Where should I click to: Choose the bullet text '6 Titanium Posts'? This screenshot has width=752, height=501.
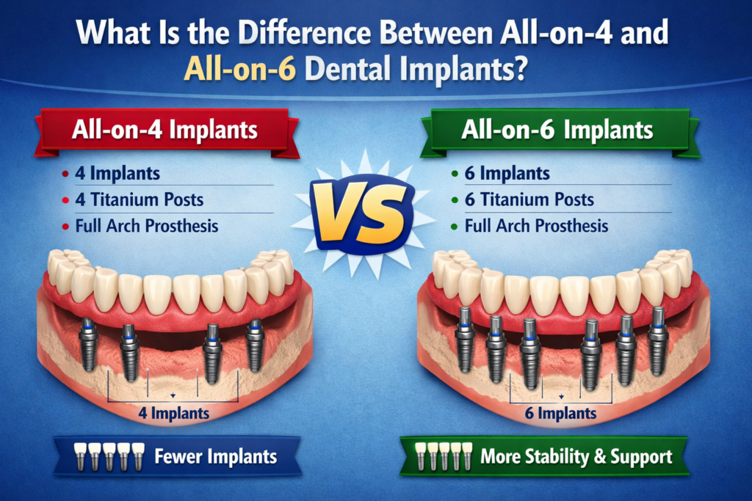pyautogui.click(x=529, y=200)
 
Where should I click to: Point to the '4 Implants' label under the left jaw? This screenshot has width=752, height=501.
pyautogui.click(x=173, y=413)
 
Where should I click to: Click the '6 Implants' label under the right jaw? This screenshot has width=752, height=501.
pyautogui.click(x=561, y=413)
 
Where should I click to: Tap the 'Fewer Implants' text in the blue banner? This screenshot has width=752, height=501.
pyautogui.click(x=215, y=456)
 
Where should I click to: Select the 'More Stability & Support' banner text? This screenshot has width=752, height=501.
pyautogui.click(x=576, y=457)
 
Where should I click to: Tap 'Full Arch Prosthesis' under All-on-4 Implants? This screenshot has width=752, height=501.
pyautogui.click(x=147, y=225)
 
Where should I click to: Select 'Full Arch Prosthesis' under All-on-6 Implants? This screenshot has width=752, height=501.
pyautogui.click(x=536, y=225)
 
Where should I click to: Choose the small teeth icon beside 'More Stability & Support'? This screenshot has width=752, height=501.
pyautogui.click(x=443, y=456)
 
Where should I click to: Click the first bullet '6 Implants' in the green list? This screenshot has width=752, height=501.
pyautogui.click(x=507, y=174)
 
